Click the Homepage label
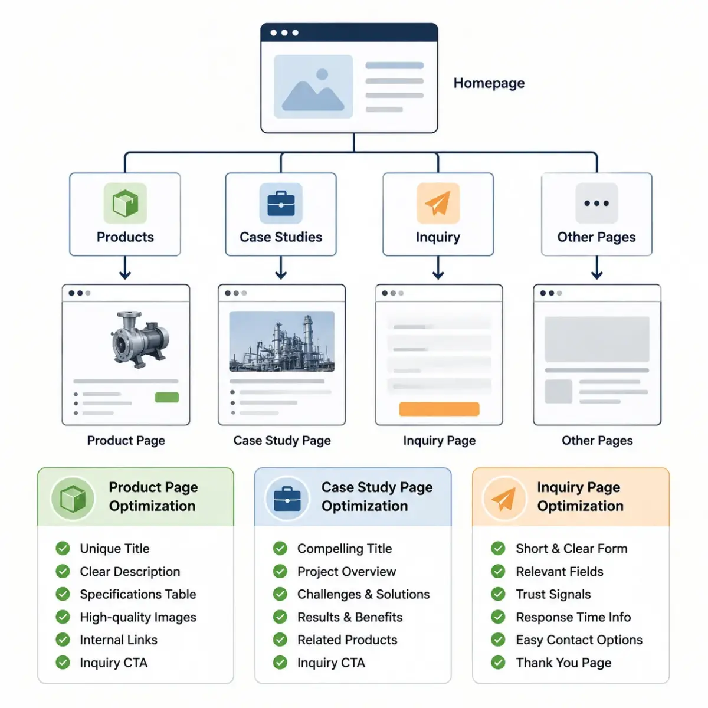pos(489,83)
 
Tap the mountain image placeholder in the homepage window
pos(313,86)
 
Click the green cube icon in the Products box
pos(125,203)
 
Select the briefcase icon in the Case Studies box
pos(281,203)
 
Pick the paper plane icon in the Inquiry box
pos(438,203)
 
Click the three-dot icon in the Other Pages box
pos(596,203)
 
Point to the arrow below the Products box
pos(125,268)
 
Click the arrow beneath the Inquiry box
pos(438,268)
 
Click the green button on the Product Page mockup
pos(167,397)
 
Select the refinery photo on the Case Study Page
pos(281,342)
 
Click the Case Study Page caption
pos(282,440)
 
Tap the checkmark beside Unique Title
pos(63,548)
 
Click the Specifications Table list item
pos(138,594)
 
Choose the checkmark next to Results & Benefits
pos(280,617)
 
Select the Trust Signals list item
pos(553,594)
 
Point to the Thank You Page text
pos(563,663)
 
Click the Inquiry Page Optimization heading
pos(580,496)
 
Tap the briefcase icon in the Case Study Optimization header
pos(287,499)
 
